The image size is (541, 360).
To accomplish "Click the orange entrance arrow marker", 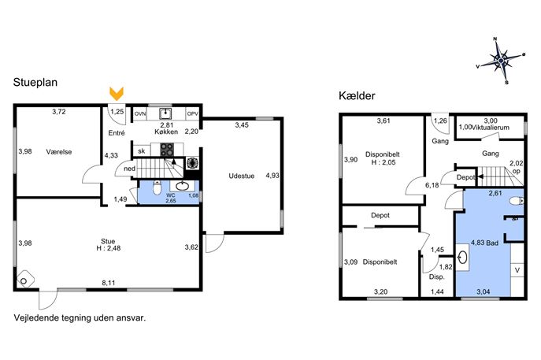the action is click(117, 94).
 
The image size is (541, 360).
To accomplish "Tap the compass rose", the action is click(501, 61).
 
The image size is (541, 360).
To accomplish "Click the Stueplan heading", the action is click(35, 83).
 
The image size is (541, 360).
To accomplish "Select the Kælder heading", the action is click(357, 95).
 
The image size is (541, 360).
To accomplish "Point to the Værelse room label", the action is click(59, 152).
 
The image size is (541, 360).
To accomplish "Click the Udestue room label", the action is click(242, 176).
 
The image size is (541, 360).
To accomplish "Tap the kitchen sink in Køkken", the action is click(165, 113).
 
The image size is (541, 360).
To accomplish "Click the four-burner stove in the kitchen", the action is click(167, 150).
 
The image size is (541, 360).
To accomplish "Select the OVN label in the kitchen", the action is click(140, 113).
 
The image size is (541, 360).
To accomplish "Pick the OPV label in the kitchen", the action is click(192, 113).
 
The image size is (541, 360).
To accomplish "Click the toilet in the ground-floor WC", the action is click(157, 187).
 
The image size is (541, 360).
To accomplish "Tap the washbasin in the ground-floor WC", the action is click(182, 186).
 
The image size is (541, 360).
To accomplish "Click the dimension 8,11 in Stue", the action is click(109, 283).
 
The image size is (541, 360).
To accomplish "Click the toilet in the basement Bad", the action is click(517, 201).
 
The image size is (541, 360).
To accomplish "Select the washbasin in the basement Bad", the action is click(463, 257).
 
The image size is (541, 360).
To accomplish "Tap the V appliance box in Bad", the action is click(517, 270).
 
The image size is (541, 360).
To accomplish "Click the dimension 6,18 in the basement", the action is click(432, 185).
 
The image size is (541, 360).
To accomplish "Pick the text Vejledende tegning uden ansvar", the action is click(80, 318).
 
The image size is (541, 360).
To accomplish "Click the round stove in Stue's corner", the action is click(25, 280).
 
